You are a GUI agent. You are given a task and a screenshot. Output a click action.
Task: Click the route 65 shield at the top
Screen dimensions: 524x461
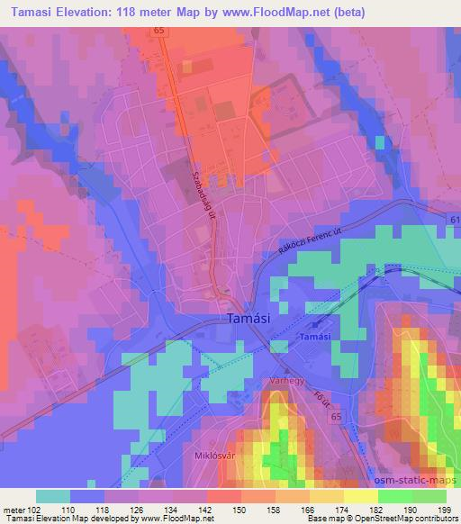(x=159, y=31)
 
